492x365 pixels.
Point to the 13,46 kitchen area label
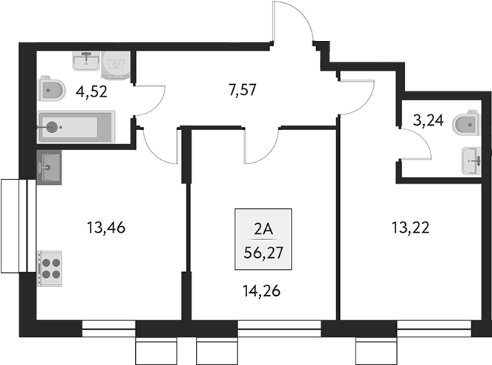coord(106,228)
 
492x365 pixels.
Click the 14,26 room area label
coord(263,292)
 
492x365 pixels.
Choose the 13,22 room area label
coord(410,228)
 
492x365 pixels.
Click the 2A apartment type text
coord(263,229)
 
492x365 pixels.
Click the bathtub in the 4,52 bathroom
coord(77,126)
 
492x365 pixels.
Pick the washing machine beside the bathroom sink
coord(116,64)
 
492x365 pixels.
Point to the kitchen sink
coord(49,167)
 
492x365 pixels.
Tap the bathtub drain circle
coord(51,126)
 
